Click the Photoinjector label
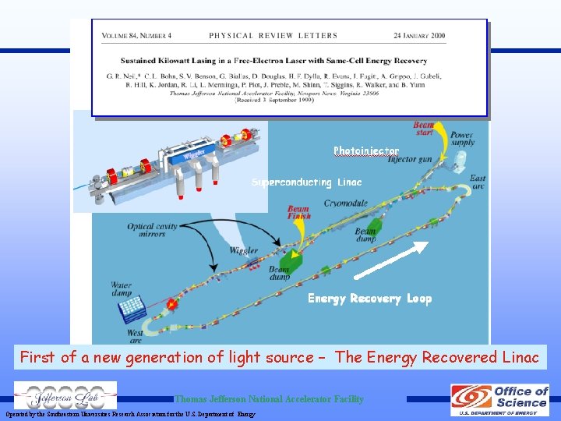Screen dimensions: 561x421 [366, 150]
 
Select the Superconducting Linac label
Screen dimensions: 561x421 [306, 182]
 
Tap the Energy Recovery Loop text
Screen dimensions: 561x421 [369, 298]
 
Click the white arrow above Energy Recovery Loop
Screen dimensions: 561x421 [390, 260]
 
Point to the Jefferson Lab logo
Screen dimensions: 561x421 [65, 395]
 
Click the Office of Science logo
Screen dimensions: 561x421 [499, 399]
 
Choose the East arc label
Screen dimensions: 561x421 [477, 182]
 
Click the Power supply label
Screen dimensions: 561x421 [461, 138]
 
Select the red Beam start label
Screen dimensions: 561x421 [424, 129]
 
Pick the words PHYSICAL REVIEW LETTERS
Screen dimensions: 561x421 [273, 36]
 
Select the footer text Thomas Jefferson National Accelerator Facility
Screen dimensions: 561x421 [269, 399]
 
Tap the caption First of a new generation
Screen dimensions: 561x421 [279, 357]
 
